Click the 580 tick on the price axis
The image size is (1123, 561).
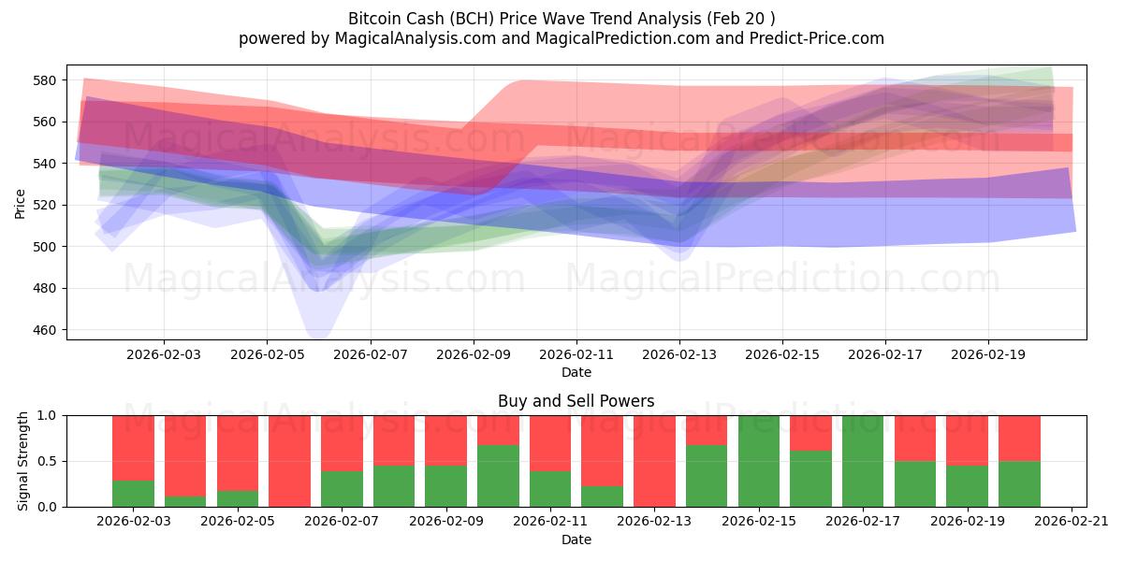[x=45, y=80]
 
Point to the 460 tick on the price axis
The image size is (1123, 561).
[x=45, y=330]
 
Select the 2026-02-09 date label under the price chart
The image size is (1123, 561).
[x=473, y=355]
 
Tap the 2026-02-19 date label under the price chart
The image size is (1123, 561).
[x=989, y=355]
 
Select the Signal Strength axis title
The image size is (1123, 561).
[x=23, y=461]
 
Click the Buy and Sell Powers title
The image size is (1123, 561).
[x=576, y=401]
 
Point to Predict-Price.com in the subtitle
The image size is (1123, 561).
[x=815, y=38]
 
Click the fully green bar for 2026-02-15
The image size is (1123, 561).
[x=759, y=461]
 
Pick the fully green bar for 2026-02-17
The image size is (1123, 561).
[x=863, y=461]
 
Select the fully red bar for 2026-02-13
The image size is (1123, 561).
[x=655, y=461]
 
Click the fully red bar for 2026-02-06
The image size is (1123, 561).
[x=290, y=461]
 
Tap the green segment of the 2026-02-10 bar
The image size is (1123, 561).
[x=499, y=477]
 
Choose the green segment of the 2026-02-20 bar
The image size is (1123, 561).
[x=1019, y=484]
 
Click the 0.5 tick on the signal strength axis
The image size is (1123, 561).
[x=49, y=461]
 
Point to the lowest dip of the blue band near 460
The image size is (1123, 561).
[x=317, y=335]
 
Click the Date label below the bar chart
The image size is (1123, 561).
[x=576, y=539]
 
